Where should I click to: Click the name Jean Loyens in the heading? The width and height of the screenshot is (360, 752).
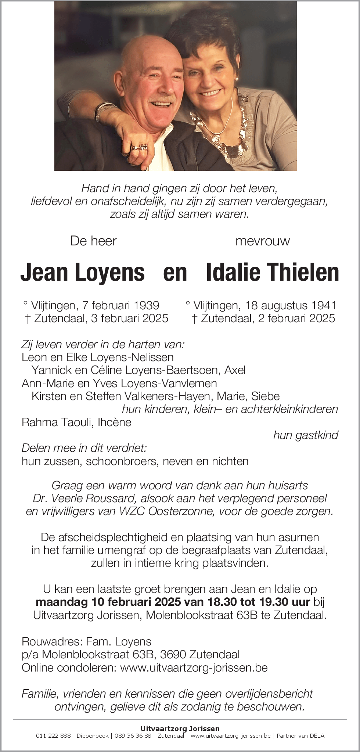83,273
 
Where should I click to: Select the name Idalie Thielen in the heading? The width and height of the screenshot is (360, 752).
273,273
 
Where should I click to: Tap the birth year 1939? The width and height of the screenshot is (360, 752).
146,305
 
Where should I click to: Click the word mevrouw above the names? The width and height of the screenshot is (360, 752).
262,241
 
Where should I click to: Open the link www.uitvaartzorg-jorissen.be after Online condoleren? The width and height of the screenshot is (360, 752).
194,667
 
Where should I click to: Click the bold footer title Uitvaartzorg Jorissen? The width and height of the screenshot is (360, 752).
180,728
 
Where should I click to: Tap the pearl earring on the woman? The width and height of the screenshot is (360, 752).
237,78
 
